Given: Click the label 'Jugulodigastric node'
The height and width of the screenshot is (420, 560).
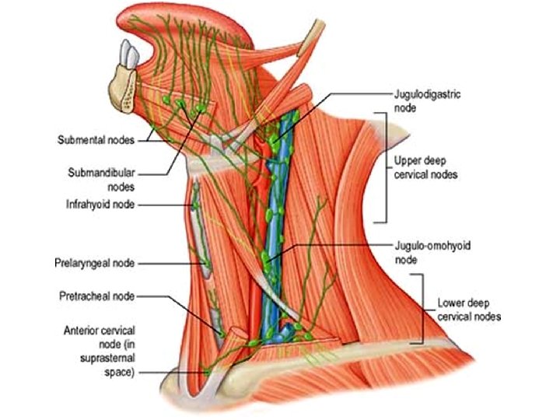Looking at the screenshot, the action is (426, 99).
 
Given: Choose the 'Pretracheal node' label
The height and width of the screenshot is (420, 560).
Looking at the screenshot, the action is (96, 296).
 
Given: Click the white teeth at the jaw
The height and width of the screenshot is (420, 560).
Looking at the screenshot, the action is (126, 53).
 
